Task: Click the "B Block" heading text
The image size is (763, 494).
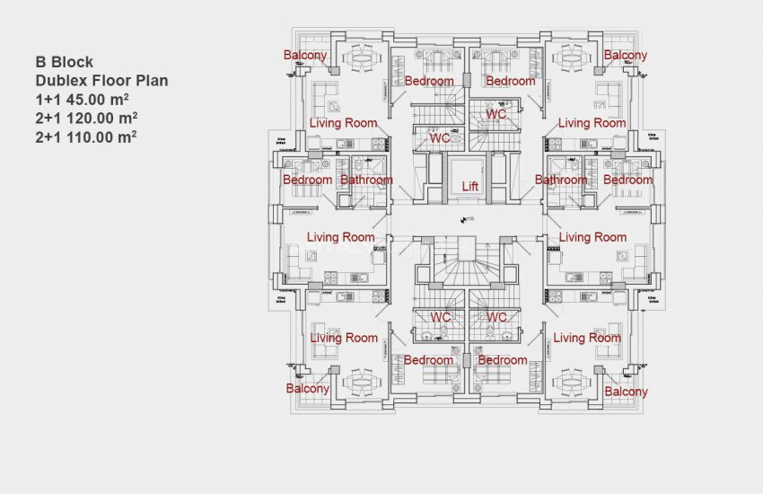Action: point(66,63)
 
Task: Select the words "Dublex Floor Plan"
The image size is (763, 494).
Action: point(101,81)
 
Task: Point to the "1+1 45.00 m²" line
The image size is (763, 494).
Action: point(84,100)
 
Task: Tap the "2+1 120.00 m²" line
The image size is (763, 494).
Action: point(87,119)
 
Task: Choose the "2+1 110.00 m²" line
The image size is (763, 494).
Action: point(86,137)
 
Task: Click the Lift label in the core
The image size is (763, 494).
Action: point(469,187)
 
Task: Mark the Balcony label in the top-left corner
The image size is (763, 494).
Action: point(305,56)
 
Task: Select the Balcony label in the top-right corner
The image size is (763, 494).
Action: point(625,56)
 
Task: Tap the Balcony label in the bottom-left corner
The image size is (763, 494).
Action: point(307,389)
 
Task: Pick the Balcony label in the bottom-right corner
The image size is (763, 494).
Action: point(626,392)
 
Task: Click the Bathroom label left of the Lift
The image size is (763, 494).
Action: point(366,180)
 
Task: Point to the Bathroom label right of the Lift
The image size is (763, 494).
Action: point(561,180)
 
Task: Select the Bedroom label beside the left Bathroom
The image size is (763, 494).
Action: point(308,180)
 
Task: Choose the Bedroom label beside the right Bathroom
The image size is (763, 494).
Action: point(627,180)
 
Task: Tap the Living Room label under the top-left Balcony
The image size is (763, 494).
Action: point(343,122)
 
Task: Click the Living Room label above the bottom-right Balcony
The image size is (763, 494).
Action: point(587,338)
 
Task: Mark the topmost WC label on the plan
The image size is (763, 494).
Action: point(496,115)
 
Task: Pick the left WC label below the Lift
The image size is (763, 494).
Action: point(440,317)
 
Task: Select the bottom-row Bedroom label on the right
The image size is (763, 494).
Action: point(503,360)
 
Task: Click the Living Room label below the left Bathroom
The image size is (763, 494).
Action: point(340,237)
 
